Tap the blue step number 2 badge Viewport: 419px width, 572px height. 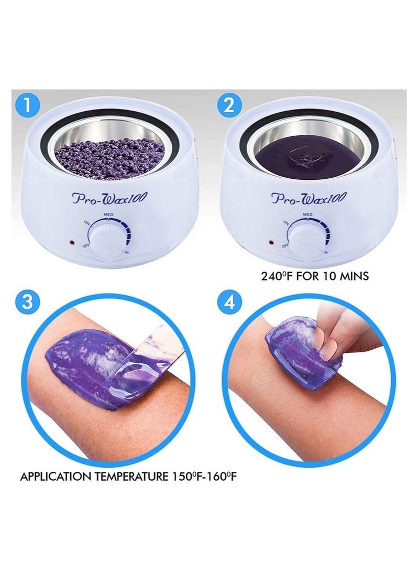click(x=228, y=105)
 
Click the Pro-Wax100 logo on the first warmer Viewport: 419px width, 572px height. click(x=109, y=199)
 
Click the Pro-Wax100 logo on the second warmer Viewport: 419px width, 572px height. click(x=308, y=199)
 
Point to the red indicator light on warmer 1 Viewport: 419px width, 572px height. click(x=71, y=243)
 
